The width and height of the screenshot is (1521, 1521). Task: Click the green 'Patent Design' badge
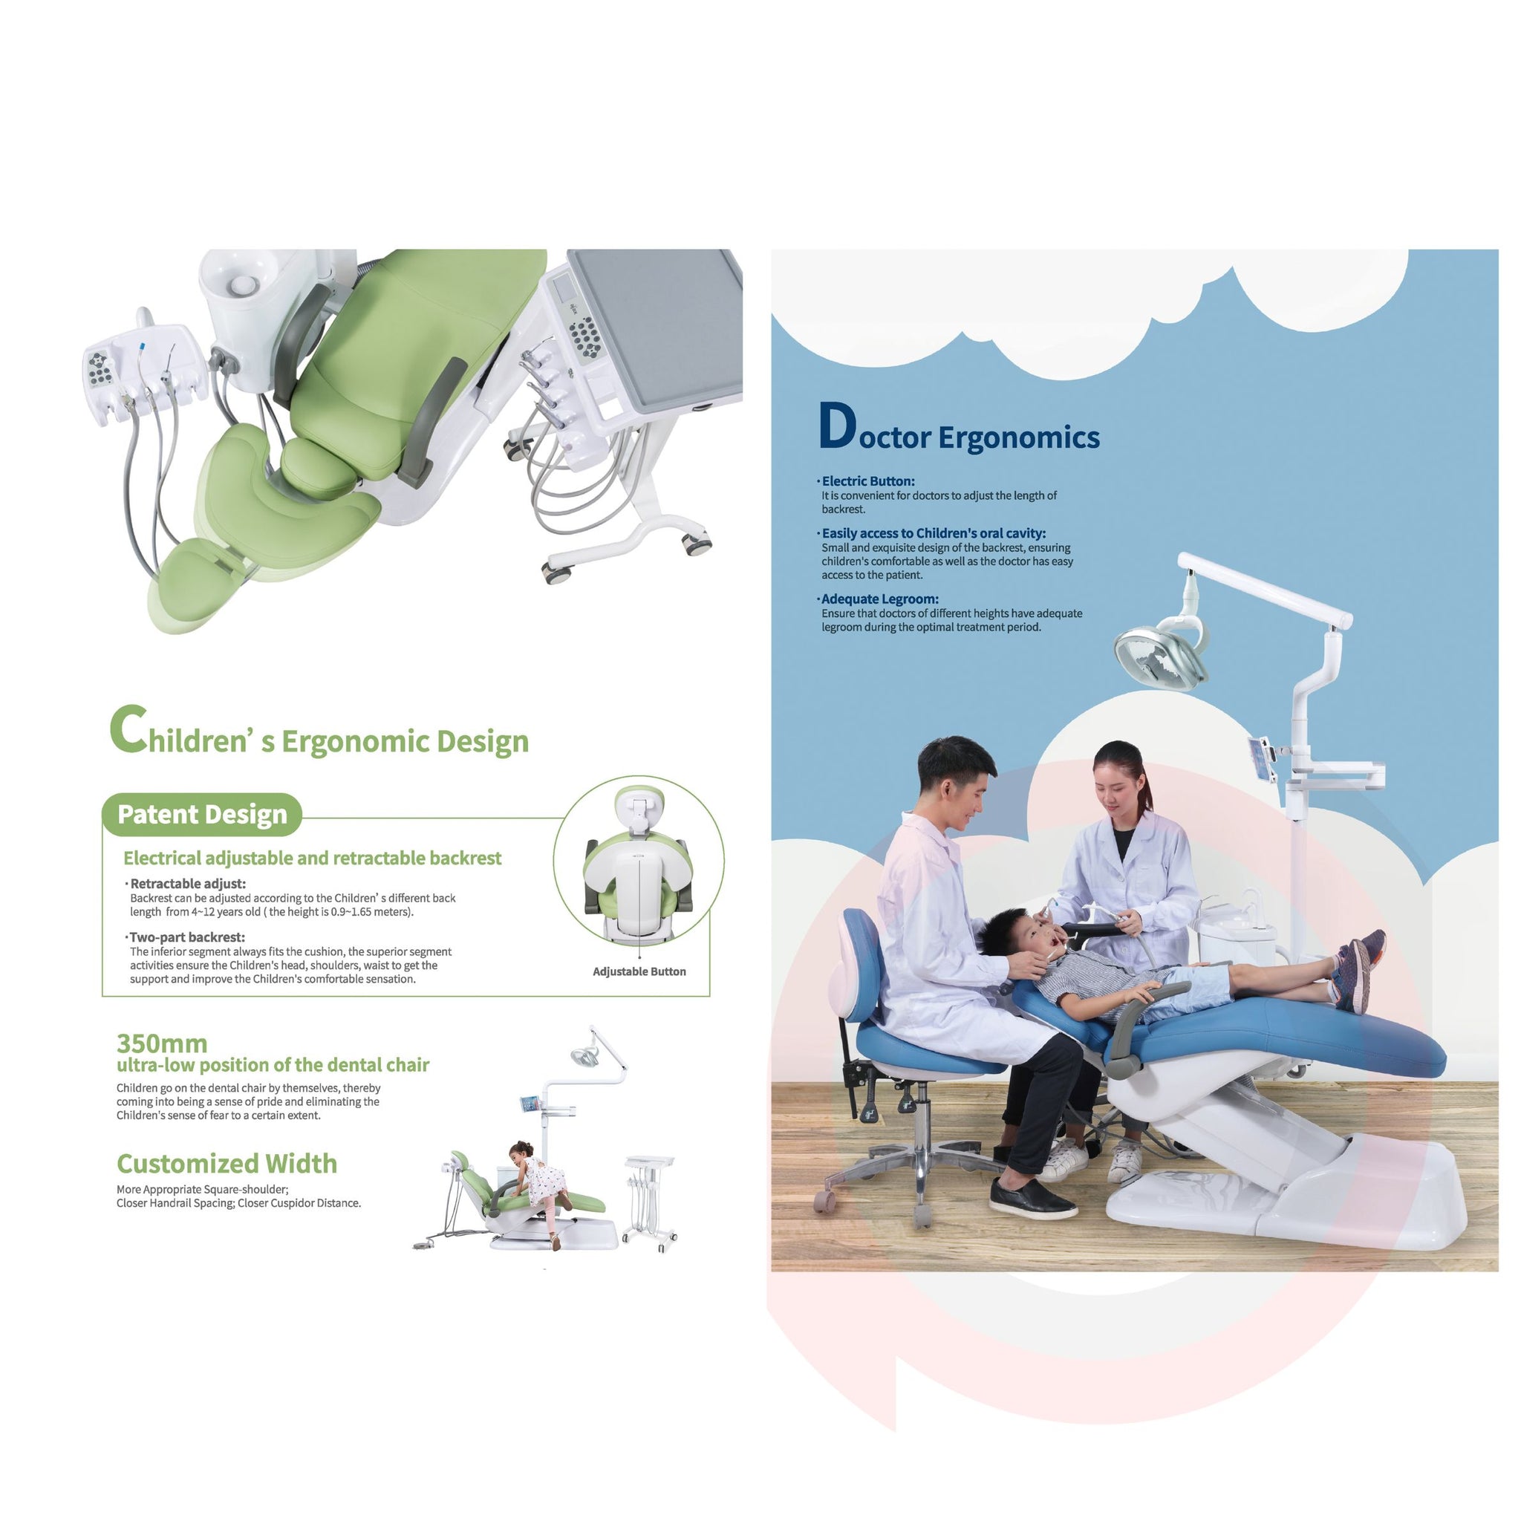tap(201, 814)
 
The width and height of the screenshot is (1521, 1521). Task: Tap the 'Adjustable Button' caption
tap(639, 971)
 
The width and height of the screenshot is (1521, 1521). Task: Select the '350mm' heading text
tap(162, 1043)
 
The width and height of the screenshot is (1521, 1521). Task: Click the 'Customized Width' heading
tap(227, 1164)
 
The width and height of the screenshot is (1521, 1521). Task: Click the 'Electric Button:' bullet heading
tap(868, 481)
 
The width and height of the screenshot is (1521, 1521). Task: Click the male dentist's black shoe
tap(1032, 1197)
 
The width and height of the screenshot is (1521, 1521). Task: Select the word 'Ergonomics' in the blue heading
tap(1019, 437)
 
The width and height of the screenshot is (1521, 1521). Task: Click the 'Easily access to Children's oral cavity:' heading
tap(934, 533)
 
